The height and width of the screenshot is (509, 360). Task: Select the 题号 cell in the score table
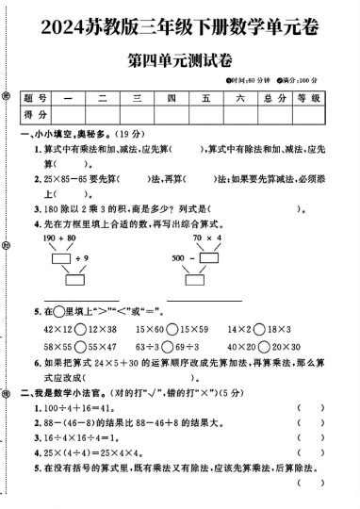(x=38, y=98)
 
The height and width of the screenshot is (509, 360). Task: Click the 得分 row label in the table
(x=38, y=114)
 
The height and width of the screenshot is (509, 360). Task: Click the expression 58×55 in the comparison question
(x=57, y=347)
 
